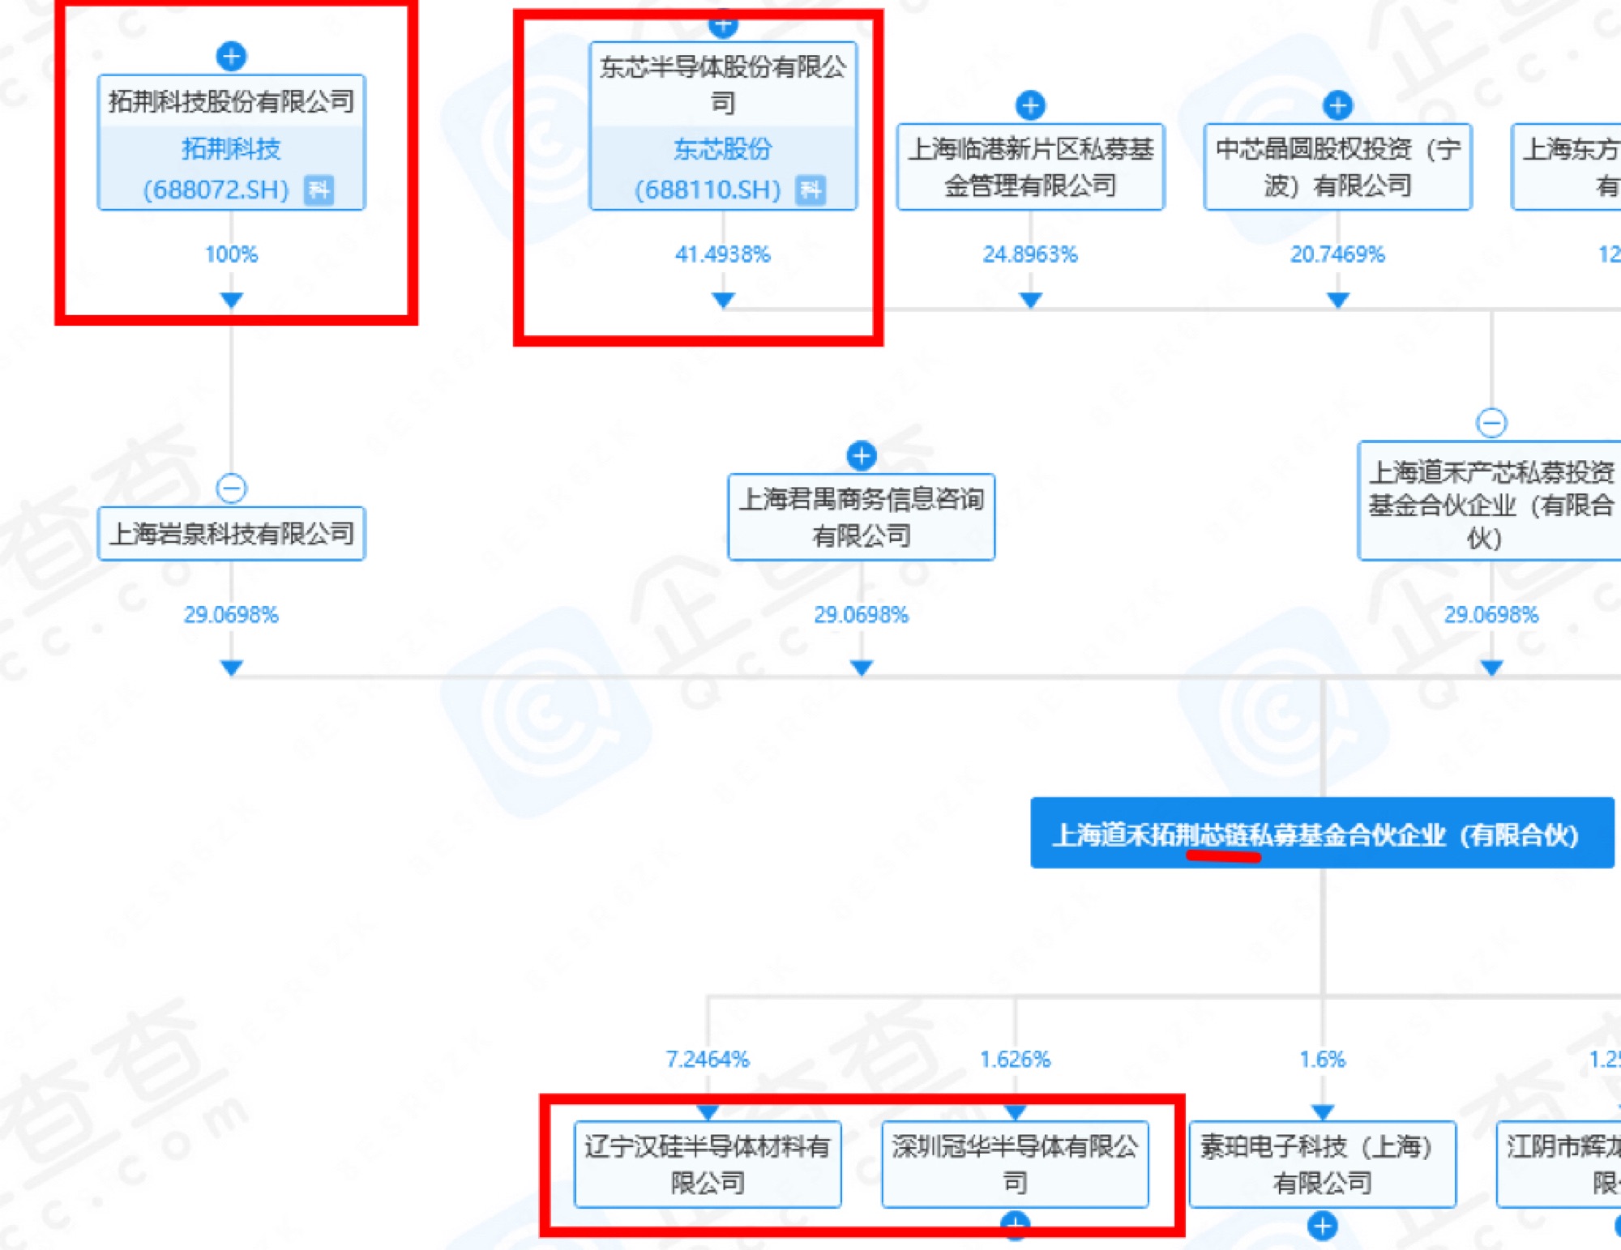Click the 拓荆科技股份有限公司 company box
click(232, 101)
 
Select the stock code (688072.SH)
click(216, 190)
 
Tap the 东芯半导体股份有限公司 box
click(722, 84)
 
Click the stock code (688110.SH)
click(708, 190)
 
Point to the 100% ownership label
click(232, 254)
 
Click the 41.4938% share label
click(722, 254)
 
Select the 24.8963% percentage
click(1030, 254)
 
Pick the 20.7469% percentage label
click(1337, 254)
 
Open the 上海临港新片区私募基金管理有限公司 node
click(1030, 167)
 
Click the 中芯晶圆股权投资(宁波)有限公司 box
click(1337, 167)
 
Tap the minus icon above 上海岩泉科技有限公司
click(232, 488)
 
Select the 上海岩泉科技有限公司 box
click(232, 534)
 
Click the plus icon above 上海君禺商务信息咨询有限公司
click(862, 455)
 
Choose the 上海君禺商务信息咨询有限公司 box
click(862, 517)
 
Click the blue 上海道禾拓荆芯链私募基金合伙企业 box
click(1322, 834)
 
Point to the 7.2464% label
click(708, 1059)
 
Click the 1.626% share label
click(1015, 1059)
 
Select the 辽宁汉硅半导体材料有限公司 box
click(708, 1164)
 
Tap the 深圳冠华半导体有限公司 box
click(1015, 1164)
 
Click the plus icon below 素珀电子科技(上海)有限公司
click(1323, 1226)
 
